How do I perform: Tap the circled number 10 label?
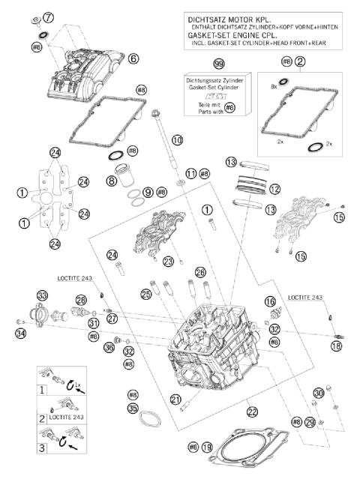(177, 140)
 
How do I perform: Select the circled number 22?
(252, 411)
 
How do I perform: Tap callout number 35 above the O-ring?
(133, 409)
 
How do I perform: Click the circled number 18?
(335, 347)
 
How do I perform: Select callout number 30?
(319, 393)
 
